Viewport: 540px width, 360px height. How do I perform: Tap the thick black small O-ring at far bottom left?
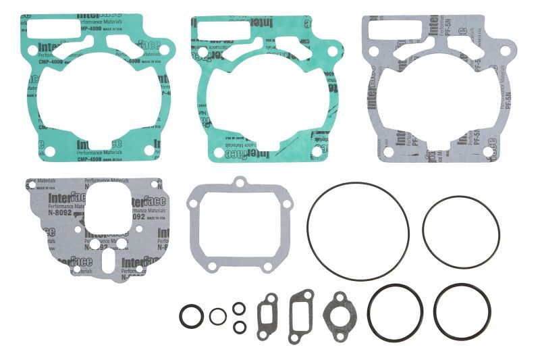point(190,315)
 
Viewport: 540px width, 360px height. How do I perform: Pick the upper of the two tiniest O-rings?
point(239,308)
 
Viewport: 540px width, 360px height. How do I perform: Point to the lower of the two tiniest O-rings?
point(239,327)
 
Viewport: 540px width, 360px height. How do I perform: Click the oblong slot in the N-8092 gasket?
point(103,258)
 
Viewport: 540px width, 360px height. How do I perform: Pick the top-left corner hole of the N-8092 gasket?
point(31,183)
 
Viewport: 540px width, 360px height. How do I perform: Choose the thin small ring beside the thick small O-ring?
point(217,316)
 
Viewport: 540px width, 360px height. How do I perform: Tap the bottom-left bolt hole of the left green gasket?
point(49,151)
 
